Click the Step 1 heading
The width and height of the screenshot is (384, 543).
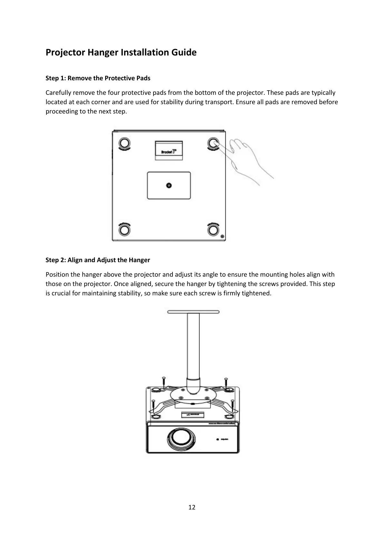pyautogui.click(x=98, y=78)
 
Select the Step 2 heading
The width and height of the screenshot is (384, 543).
pyautogui.click(x=98, y=260)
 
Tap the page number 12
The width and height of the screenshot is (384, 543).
pyautogui.click(x=192, y=507)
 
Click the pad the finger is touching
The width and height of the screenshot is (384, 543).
pyautogui.click(x=213, y=143)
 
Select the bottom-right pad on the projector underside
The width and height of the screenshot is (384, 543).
pyautogui.click(x=213, y=230)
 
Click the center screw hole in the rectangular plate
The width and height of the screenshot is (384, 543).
pyautogui.click(x=169, y=185)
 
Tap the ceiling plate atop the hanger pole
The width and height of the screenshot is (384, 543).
pyautogui.click(x=193, y=312)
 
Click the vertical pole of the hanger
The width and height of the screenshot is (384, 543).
pyautogui.click(x=193, y=348)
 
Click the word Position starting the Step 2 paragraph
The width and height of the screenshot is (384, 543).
pyautogui.click(x=57, y=275)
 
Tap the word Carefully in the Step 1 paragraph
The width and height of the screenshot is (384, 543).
pyautogui.click(x=58, y=93)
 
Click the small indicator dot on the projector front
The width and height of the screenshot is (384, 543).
pyautogui.click(x=217, y=439)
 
